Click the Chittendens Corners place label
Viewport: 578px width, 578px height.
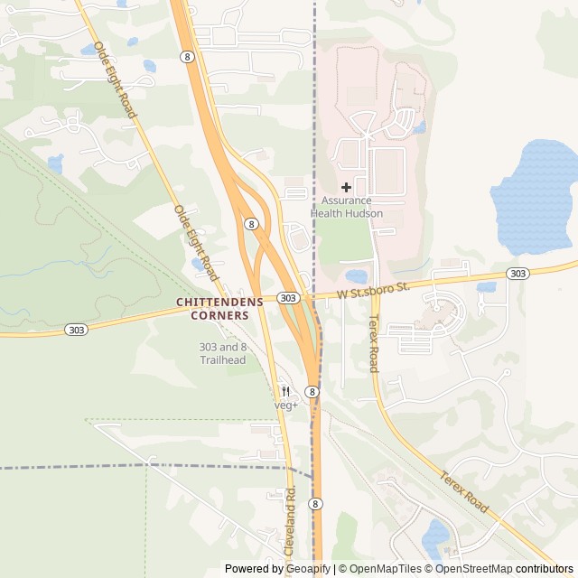pos(219,308)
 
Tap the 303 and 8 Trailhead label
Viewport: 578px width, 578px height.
pos(222,353)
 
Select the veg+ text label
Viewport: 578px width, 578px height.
pos(286,406)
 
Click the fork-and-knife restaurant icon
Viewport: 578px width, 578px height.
pos(286,391)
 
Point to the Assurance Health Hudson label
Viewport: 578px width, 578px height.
pos(347,207)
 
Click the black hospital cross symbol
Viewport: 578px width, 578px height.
pos(346,187)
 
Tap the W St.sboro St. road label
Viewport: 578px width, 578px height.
pos(374,289)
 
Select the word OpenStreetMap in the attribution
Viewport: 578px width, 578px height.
pos(474,569)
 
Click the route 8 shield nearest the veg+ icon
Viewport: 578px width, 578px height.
pos(311,392)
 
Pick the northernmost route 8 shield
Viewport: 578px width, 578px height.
pos(187,56)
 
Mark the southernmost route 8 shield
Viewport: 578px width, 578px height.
pos(315,504)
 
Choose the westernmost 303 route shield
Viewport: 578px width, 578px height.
pos(76,331)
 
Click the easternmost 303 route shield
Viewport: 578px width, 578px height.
pos(517,274)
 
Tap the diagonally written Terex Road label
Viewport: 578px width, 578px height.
pos(465,493)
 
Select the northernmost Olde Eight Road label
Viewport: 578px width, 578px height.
pos(115,79)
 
